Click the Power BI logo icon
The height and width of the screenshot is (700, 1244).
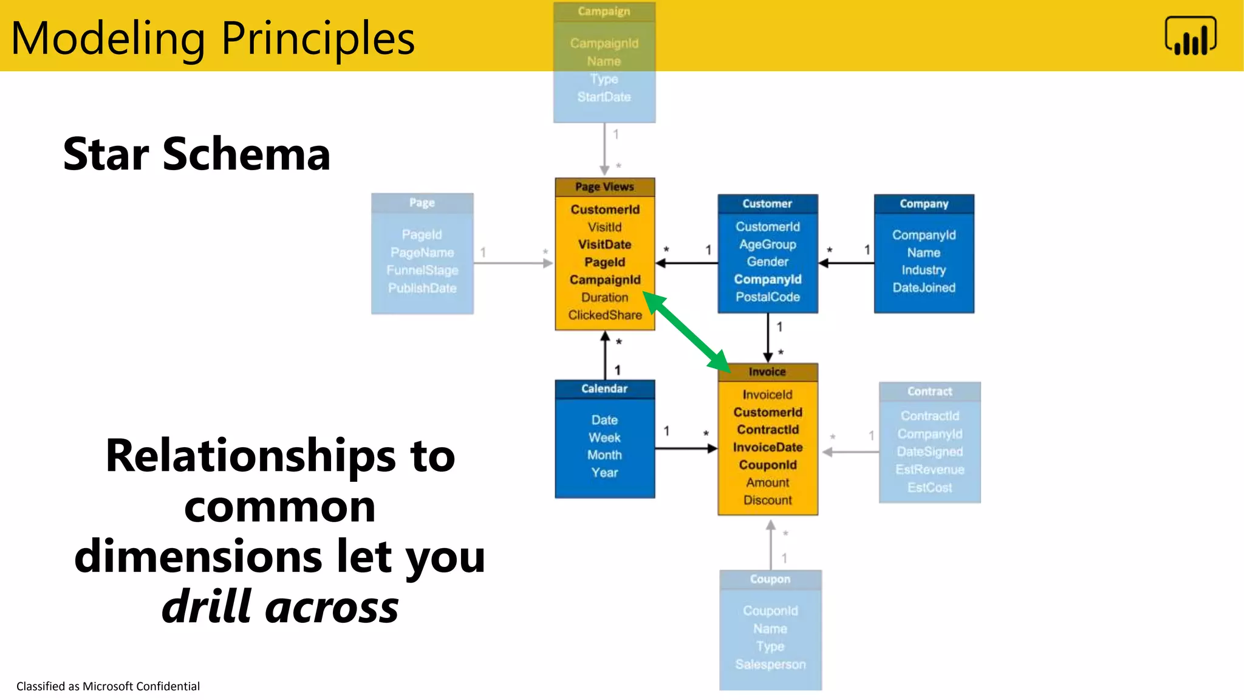pos(1190,36)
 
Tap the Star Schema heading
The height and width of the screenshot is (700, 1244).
pos(196,154)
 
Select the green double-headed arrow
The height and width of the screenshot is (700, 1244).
pos(686,331)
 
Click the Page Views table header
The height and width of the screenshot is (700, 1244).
pos(604,187)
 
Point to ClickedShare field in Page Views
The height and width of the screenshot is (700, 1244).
pos(605,315)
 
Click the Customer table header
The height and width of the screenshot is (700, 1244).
pos(767,204)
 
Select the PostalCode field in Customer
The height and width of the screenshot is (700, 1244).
pos(767,297)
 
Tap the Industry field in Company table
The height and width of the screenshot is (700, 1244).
pos(923,270)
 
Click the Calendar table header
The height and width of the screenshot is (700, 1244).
pos(604,389)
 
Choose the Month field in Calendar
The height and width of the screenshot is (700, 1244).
pos(604,455)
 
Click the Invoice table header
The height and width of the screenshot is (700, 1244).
pos(767,372)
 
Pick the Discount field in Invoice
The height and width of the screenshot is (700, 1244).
pos(767,500)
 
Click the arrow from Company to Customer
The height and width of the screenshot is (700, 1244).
pos(847,263)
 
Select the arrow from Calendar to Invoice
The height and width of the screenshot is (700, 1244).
pos(686,448)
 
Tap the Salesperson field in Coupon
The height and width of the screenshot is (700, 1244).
pos(770,664)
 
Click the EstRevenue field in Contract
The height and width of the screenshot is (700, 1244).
pos(929,469)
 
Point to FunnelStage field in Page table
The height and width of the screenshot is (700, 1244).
pos(422,270)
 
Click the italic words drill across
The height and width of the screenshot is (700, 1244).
pos(280,606)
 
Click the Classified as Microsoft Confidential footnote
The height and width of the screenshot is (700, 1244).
pos(108,686)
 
